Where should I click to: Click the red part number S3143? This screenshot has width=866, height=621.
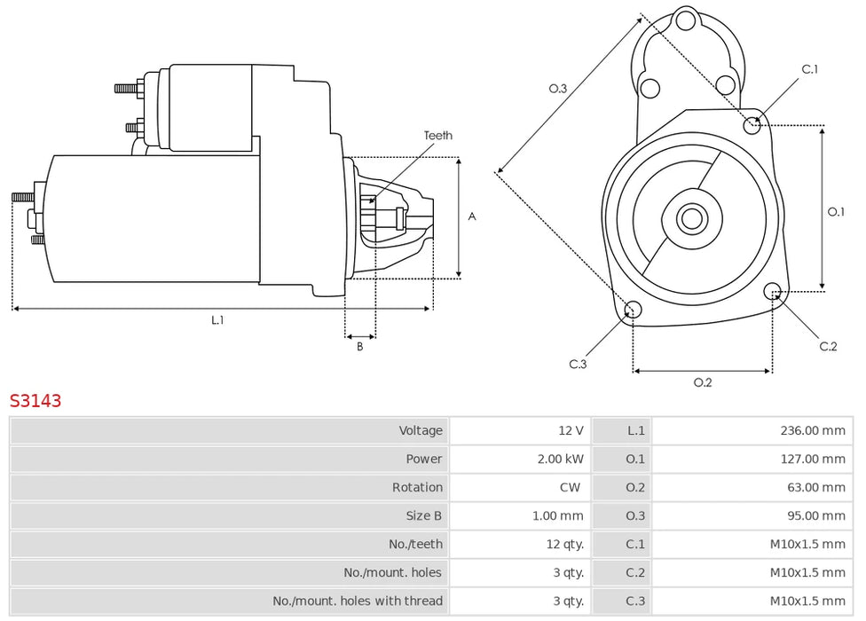coord(35,400)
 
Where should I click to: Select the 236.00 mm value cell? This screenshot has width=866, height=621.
coord(813,430)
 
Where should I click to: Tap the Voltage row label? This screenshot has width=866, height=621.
coord(421,430)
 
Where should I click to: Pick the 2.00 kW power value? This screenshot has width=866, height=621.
coord(560,459)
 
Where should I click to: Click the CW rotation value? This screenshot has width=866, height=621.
coord(570,487)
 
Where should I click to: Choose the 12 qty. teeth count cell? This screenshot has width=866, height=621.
coord(564,545)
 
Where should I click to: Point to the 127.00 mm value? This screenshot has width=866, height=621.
coord(813,459)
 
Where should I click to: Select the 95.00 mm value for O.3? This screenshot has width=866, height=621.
coord(815,515)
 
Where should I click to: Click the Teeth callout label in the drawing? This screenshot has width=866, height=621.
coord(438,135)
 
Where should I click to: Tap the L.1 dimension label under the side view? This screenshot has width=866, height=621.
coord(217,319)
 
